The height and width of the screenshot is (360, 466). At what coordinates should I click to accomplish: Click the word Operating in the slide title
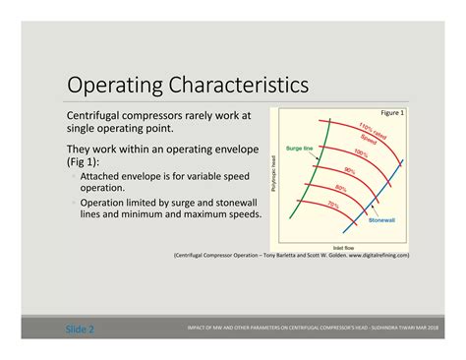[106, 83]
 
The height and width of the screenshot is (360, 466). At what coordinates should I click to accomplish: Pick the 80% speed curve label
[341, 187]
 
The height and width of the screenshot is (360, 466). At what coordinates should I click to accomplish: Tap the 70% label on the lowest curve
[333, 205]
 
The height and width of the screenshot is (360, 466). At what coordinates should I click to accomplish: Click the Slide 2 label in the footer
[80, 329]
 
